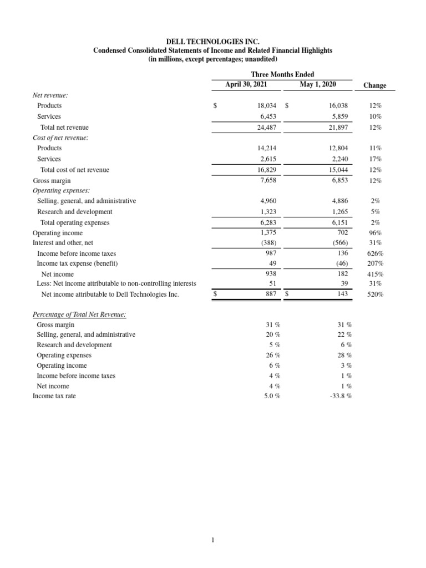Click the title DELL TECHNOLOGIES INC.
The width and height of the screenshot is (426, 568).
point(213,41)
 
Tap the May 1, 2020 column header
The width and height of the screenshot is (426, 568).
point(313,85)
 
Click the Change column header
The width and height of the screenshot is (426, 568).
point(374,85)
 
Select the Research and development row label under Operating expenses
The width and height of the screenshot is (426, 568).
point(74,211)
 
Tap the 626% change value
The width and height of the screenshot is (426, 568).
point(376,253)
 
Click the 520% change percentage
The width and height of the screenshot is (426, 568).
point(376,295)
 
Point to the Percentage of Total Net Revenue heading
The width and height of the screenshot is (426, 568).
point(79,315)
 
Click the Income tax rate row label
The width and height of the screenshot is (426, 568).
point(54,396)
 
